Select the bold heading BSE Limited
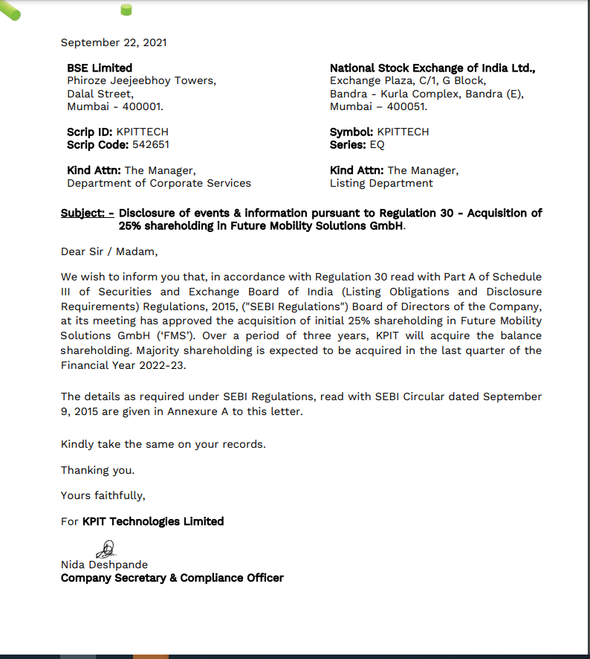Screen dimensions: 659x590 point(100,68)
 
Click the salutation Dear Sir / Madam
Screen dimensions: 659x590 point(109,251)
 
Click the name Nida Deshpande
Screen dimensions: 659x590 point(104,565)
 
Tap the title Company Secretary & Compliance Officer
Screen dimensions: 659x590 point(172,578)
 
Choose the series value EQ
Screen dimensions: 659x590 point(377,144)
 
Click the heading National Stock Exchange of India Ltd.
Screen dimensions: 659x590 point(432,68)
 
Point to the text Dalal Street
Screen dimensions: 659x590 point(100,94)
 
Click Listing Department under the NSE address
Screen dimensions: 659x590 point(381,183)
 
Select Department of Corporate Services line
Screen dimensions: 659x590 point(159,183)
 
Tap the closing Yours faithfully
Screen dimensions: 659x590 point(103,495)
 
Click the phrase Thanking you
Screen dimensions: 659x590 point(97,470)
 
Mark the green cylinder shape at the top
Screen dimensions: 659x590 point(126,10)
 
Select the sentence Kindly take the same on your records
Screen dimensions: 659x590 point(163,444)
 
